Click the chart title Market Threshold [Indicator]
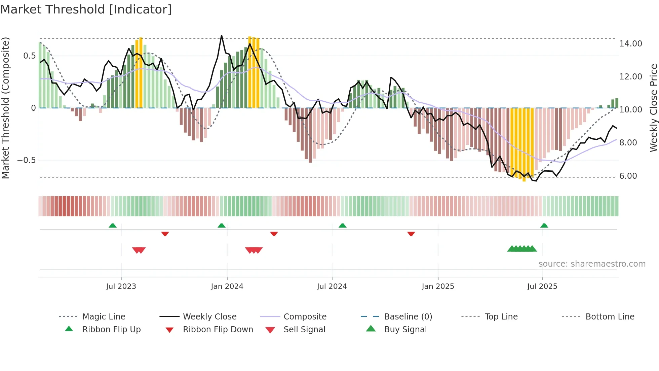tap(86, 9)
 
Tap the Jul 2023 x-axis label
tap(121, 286)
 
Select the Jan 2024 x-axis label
tap(227, 286)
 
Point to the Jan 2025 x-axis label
tap(438, 286)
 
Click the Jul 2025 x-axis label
tap(542, 286)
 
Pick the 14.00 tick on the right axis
tap(630, 44)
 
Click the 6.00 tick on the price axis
tap(628, 176)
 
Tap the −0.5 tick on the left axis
tap(27, 160)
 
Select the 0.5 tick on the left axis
tap(29, 56)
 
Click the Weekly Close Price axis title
tap(653, 108)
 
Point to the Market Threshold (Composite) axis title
tap(5, 108)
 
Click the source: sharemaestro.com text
tap(592, 264)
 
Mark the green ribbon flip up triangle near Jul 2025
tap(544, 226)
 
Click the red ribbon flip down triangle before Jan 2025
tap(411, 234)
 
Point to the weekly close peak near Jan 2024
tap(222, 35)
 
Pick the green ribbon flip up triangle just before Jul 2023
tap(113, 226)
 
